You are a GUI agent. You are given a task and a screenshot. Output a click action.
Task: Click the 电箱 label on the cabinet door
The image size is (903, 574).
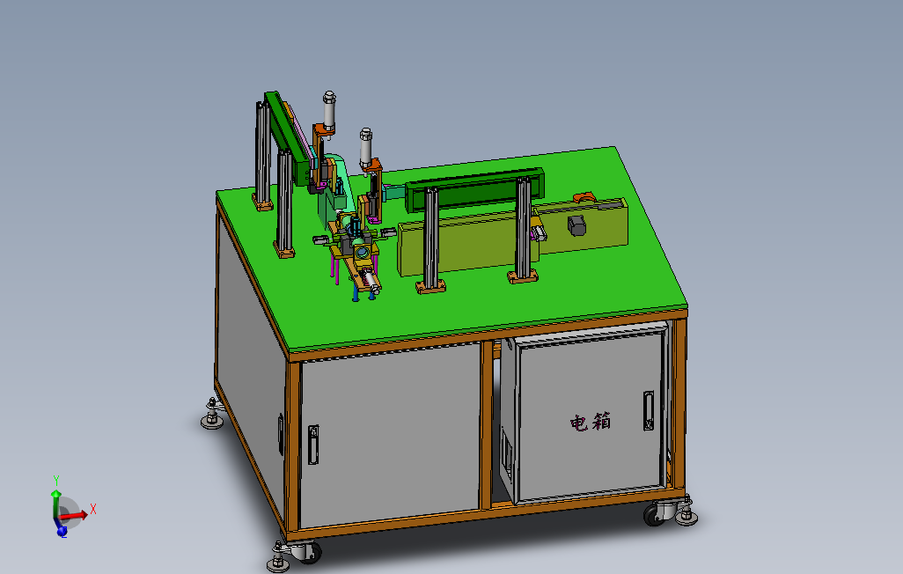pyautogui.click(x=590, y=422)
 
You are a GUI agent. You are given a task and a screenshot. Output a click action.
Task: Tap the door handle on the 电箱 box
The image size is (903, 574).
pyautogui.click(x=649, y=411)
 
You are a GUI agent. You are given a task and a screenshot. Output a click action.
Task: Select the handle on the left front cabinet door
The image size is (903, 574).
pyautogui.click(x=313, y=445)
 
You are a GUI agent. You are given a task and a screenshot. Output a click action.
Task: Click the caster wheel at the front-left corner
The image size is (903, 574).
pyautogui.click(x=308, y=554)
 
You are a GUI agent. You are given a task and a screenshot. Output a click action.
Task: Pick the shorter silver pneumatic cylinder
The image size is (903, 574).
pyautogui.click(x=365, y=145)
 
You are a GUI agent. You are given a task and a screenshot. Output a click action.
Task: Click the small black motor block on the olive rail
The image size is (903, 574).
pyautogui.click(x=577, y=224)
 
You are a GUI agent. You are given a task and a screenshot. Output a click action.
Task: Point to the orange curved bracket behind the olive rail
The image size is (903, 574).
pyautogui.click(x=583, y=195)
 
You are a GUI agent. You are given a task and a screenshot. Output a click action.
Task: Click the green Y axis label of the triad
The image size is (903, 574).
pyautogui.click(x=55, y=481)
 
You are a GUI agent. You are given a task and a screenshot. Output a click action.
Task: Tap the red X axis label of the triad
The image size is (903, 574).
pyautogui.click(x=92, y=509)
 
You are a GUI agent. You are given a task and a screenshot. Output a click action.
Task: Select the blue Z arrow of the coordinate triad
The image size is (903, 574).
pyautogui.click(x=62, y=530)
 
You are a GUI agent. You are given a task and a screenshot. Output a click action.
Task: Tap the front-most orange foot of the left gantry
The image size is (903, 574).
pyautogui.click(x=285, y=254)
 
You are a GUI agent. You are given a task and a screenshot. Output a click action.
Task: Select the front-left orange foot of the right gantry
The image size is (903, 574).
pyautogui.click(x=430, y=286)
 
